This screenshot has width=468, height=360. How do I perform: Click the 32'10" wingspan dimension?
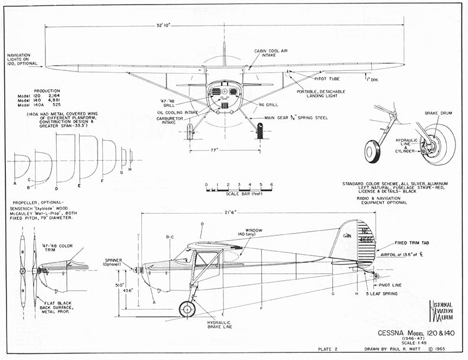pos(164,25)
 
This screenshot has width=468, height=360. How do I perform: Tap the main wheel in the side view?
pos(187,309)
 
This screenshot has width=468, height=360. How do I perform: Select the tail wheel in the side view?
pos(376,275)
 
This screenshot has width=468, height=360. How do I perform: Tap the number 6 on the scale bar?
pos(271,185)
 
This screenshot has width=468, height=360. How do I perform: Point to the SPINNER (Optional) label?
pos(114,261)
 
